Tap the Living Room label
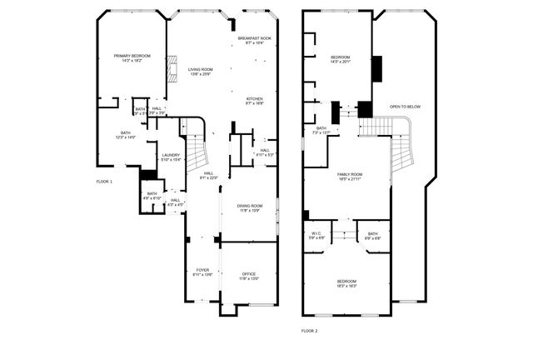(200, 72)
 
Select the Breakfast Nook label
(254, 40)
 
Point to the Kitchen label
(254, 101)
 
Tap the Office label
(249, 276)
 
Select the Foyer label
(202, 272)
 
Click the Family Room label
(349, 177)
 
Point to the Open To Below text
(405, 107)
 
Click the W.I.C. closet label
(316, 236)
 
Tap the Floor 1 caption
(104, 181)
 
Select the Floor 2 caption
(310, 331)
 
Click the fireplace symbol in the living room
(172, 69)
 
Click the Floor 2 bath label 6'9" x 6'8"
(372, 236)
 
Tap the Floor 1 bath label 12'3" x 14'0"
(126, 135)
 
